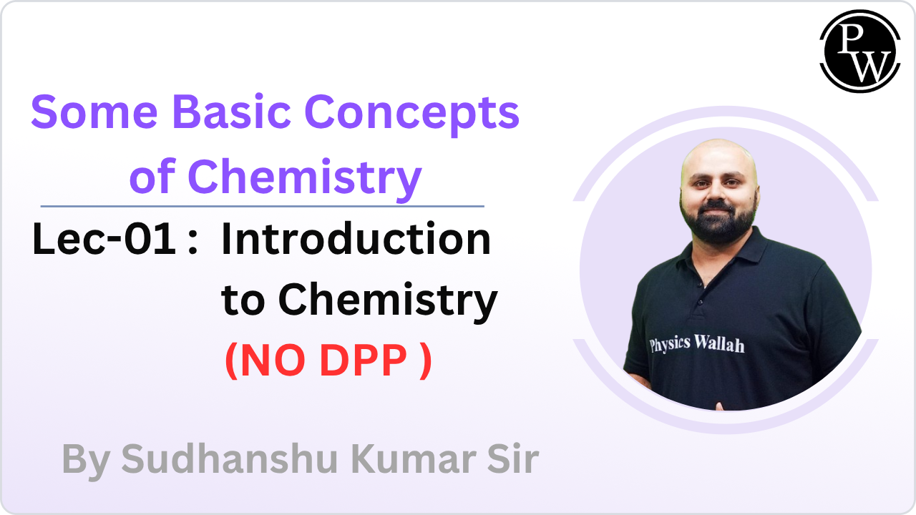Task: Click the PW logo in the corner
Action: [859, 51]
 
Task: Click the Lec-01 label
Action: [104, 240]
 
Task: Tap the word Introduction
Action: [356, 240]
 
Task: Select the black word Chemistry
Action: [387, 302]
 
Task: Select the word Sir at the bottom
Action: [514, 459]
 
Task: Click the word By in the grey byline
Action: [85, 459]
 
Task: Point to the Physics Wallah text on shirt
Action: [696, 344]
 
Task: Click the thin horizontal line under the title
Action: [262, 206]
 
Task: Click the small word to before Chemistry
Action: [243, 302]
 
